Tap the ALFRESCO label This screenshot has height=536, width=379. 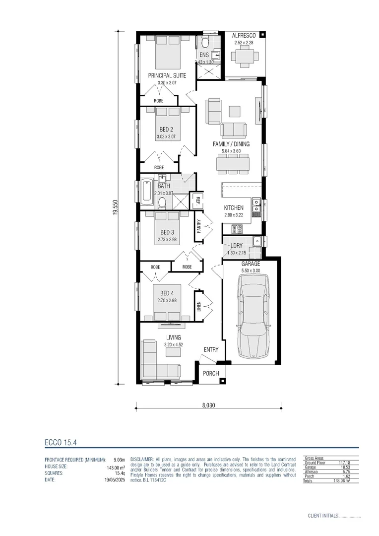click(x=244, y=36)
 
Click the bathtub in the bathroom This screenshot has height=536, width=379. click(x=147, y=192)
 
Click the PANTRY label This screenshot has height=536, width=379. click(x=198, y=226)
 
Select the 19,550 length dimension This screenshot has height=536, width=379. click(x=115, y=207)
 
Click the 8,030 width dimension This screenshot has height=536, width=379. click(x=208, y=404)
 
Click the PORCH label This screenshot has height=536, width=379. click(x=211, y=374)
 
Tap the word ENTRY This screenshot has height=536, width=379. click(x=211, y=350)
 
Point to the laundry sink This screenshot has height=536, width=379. click(x=257, y=242)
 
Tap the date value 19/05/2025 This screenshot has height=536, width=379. click(x=115, y=480)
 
